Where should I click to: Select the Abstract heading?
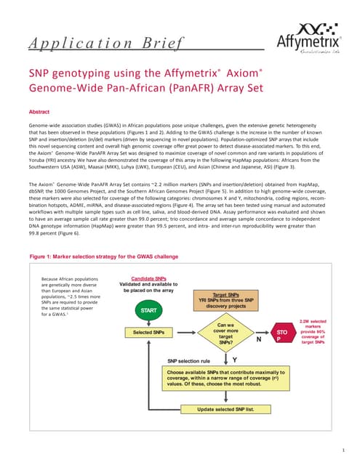[39, 113]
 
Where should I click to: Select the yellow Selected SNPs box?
[150, 332]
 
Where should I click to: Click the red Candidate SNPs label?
[151, 278]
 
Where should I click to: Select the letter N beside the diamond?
[257, 339]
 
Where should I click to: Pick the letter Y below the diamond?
[233, 359]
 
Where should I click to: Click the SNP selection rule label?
[189, 360]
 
